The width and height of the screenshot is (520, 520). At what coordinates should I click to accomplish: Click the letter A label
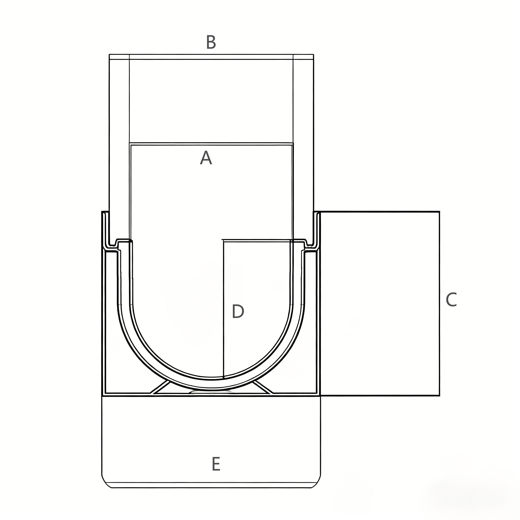click(x=206, y=158)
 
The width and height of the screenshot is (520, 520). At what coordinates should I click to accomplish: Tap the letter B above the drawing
click(x=211, y=42)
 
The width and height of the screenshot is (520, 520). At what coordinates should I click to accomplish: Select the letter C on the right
click(x=451, y=300)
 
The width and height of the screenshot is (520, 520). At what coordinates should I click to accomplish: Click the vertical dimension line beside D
click(x=224, y=309)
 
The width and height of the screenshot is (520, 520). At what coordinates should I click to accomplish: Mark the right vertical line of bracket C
click(x=439, y=303)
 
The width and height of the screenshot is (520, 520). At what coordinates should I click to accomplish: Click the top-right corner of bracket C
click(x=439, y=212)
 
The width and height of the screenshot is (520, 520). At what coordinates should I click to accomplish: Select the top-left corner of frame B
click(x=109, y=55)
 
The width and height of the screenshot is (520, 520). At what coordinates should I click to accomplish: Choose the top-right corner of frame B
click(x=314, y=55)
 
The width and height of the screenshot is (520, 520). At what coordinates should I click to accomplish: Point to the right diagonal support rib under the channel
click(x=263, y=387)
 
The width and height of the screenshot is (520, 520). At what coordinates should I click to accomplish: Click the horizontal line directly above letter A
click(x=211, y=143)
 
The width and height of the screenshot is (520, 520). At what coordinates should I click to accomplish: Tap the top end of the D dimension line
click(x=223, y=240)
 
